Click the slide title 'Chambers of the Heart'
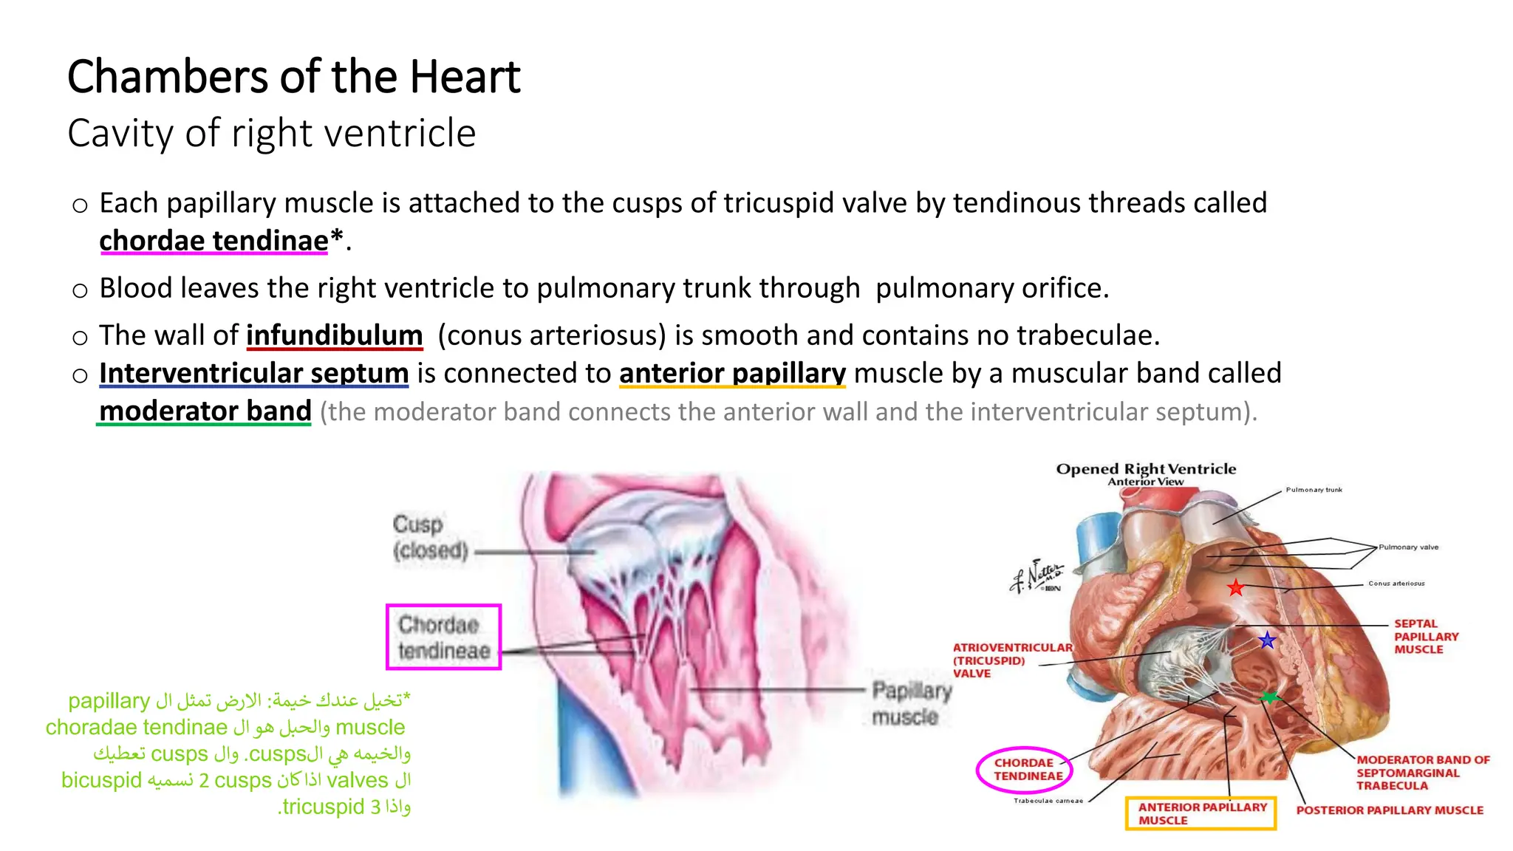(x=294, y=77)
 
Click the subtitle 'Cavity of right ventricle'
(x=272, y=134)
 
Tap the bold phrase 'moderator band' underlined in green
(x=205, y=411)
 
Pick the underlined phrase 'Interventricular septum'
(x=253, y=374)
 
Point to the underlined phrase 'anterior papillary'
(x=732, y=374)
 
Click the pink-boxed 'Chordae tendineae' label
(x=443, y=638)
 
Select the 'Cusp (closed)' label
(x=430, y=537)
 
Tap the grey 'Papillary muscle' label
(x=911, y=703)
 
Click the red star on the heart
(x=1235, y=588)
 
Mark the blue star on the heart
(x=1267, y=640)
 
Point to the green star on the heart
(x=1269, y=697)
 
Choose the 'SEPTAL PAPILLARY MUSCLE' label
(x=1426, y=637)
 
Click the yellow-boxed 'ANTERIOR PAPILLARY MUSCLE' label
(x=1201, y=813)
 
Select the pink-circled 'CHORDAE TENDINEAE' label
(x=1025, y=770)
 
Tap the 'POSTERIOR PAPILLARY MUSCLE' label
(x=1389, y=810)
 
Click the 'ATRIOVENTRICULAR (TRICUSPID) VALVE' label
(x=1011, y=660)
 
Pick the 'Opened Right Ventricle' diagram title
(x=1146, y=469)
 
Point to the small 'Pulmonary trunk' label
(x=1314, y=490)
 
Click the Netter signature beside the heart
(x=1037, y=575)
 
